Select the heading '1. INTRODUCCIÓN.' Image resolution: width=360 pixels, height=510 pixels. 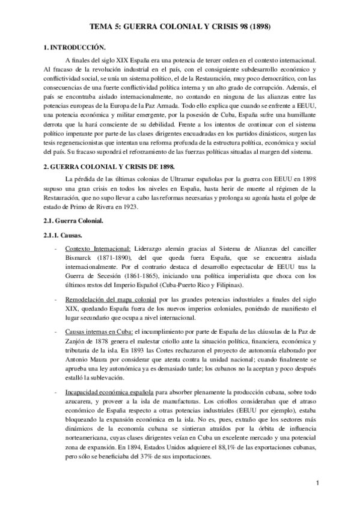point(72,48)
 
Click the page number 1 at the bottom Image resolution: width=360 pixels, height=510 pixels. point(317,484)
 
